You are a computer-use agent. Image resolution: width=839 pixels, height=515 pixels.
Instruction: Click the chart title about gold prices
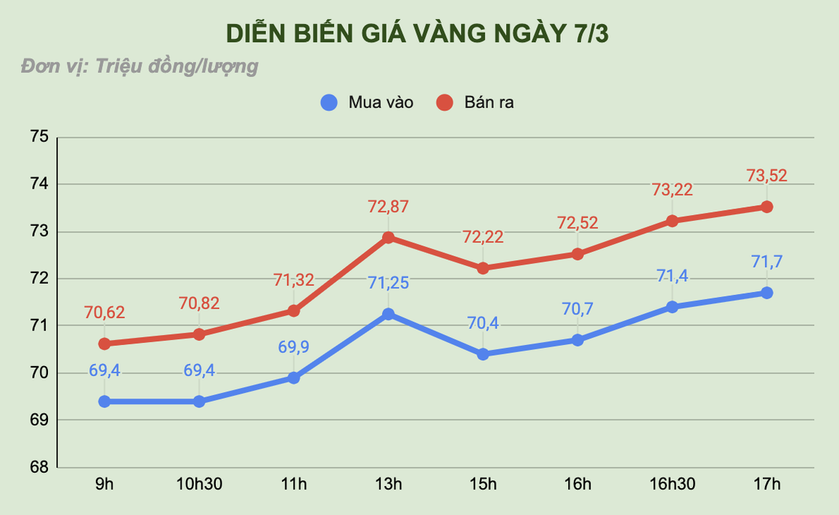coord(420,33)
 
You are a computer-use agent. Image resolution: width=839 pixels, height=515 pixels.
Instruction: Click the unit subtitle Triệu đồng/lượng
coord(139,67)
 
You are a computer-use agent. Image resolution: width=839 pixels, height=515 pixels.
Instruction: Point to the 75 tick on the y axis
coord(39,137)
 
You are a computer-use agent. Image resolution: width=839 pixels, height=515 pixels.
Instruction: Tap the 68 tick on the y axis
coord(39,467)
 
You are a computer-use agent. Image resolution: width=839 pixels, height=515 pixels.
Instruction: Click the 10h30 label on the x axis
coord(199,484)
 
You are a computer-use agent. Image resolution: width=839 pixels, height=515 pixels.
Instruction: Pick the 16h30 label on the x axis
coord(672,484)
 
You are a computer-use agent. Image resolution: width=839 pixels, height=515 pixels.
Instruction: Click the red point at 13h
coord(388,238)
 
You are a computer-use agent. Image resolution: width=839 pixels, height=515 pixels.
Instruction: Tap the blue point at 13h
coord(388,315)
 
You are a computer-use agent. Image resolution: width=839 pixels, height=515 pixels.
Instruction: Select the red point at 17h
coord(766,207)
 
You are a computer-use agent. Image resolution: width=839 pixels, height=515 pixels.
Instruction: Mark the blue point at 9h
coord(105,401)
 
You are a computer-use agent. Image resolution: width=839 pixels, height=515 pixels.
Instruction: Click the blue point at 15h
coord(483,354)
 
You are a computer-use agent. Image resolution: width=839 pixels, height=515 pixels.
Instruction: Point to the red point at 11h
coord(293,311)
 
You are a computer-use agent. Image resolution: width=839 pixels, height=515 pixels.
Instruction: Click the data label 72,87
coord(388,206)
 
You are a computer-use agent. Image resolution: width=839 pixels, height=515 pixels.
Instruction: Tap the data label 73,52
coord(766,176)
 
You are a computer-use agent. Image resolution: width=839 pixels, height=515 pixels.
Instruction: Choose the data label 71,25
coord(388,283)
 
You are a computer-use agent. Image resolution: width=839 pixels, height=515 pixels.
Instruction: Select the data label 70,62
coord(105,313)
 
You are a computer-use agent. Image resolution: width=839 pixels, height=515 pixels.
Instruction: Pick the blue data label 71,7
coord(766,261)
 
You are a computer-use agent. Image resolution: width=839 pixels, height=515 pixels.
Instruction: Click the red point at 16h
coord(577,254)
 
